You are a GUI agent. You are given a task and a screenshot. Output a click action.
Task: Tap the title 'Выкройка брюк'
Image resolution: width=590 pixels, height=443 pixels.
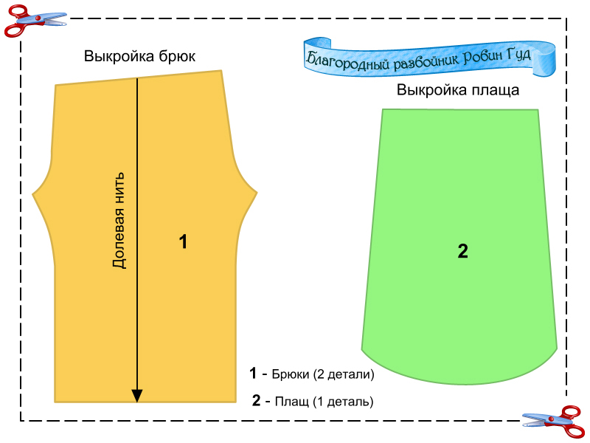point(139,57)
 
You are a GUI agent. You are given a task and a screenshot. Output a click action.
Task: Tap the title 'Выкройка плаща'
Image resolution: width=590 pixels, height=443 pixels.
point(458,91)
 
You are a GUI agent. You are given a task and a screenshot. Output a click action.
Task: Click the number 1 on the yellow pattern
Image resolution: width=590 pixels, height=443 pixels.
point(183,241)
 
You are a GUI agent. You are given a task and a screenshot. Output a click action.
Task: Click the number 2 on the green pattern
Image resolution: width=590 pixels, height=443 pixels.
point(462,251)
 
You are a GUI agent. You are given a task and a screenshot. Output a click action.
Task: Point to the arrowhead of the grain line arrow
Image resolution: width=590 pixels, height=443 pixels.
point(137,396)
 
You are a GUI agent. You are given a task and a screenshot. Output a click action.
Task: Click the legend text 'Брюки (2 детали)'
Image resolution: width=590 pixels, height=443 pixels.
point(324,374)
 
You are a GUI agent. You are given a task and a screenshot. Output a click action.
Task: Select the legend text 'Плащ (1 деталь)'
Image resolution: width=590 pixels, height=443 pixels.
point(324,402)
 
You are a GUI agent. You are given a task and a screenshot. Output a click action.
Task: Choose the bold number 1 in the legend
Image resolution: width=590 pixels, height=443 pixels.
point(253,374)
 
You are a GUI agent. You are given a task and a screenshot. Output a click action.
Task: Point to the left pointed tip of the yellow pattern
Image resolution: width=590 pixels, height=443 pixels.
point(34,194)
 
